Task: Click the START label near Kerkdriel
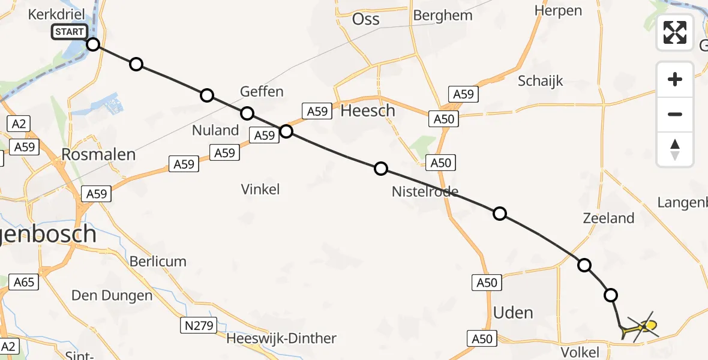70,32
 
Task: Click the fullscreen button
675,32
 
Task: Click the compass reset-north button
675,149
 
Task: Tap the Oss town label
365,19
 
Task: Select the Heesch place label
368,110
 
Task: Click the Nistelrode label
425,192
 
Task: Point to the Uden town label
512,313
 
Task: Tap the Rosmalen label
98,154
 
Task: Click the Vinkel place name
260,190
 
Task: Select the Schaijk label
540,81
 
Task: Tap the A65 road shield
25,282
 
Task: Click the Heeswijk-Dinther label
281,338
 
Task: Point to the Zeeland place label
608,218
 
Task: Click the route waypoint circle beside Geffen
247,113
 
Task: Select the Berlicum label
158,262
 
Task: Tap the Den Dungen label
112,295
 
